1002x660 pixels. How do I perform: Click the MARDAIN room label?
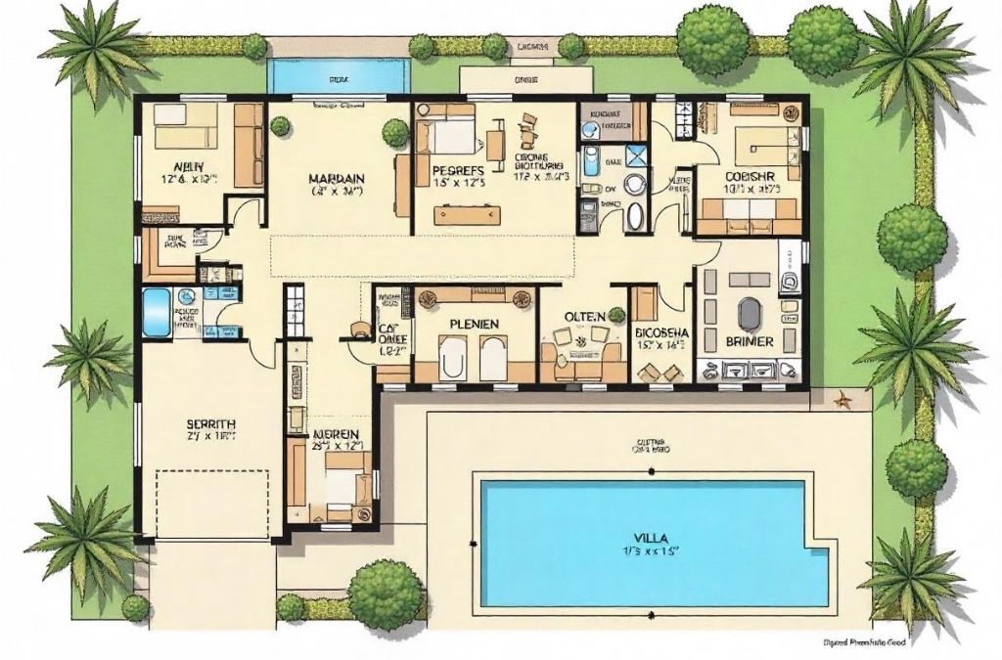337,178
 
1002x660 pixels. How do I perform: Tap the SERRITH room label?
210,424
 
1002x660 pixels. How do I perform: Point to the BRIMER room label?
751,341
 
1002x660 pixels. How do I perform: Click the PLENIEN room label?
475,324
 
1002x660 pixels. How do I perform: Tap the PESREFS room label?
459,169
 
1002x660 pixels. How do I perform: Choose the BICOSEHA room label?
661,332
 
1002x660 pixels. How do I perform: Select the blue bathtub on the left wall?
158,312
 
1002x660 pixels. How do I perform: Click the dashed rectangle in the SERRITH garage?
212,503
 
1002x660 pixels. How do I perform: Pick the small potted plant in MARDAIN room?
280,125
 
